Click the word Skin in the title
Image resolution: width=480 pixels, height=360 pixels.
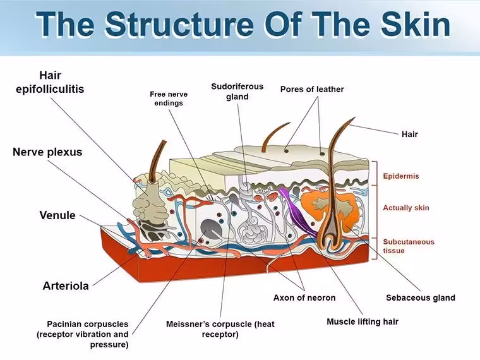[416, 24]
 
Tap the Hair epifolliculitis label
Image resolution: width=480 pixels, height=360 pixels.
[50, 82]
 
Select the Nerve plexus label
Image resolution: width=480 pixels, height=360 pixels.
[47, 152]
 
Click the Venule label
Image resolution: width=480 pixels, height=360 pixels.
[57, 215]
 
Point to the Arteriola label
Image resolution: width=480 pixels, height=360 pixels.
[66, 285]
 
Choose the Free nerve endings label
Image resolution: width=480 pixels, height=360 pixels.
[169, 99]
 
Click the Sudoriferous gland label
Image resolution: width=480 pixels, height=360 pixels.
[237, 92]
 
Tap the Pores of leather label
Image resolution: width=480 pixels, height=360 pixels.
[312, 89]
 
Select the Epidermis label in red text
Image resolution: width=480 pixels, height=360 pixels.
[401, 176]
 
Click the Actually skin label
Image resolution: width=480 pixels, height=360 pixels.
[406, 208]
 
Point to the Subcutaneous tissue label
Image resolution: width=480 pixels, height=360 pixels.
[409, 246]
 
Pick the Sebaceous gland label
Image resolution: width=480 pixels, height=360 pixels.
[420, 297]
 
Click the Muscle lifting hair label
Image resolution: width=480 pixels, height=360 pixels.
[363, 321]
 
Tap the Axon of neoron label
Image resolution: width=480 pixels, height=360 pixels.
[304, 297]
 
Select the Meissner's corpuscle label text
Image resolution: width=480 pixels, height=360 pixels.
[220, 329]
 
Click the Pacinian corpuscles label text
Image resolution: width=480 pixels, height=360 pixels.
[83, 334]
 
